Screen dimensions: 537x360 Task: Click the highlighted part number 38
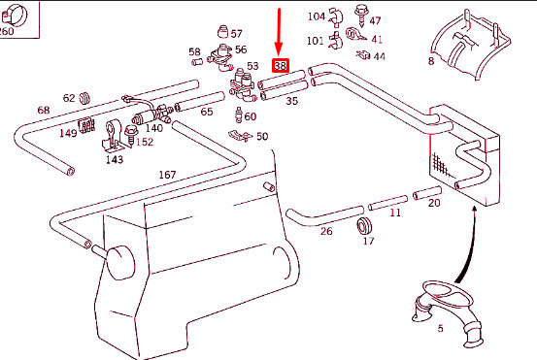click(x=281, y=65)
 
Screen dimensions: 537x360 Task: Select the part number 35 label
click(x=291, y=101)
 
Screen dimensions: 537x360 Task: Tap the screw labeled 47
click(x=360, y=15)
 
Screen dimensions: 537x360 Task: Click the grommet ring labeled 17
click(x=364, y=226)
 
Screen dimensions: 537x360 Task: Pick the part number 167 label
click(x=167, y=175)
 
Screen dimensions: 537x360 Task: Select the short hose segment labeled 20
click(x=426, y=193)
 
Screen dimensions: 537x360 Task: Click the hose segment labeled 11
click(x=387, y=203)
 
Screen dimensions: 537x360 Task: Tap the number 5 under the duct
click(x=440, y=329)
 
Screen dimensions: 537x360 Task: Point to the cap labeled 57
click(x=223, y=31)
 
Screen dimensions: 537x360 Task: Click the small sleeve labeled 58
click(x=197, y=62)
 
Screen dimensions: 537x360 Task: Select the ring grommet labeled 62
click(x=84, y=98)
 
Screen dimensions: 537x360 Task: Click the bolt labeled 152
click(x=131, y=135)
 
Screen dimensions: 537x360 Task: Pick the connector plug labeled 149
click(x=86, y=125)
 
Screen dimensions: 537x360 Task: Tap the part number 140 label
click(x=153, y=128)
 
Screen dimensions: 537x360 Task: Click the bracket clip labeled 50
click(x=241, y=136)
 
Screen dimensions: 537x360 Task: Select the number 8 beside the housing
click(x=431, y=61)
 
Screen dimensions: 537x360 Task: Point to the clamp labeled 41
click(x=355, y=34)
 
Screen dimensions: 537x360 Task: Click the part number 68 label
click(x=44, y=110)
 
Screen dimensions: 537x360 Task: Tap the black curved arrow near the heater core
click(x=468, y=247)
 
